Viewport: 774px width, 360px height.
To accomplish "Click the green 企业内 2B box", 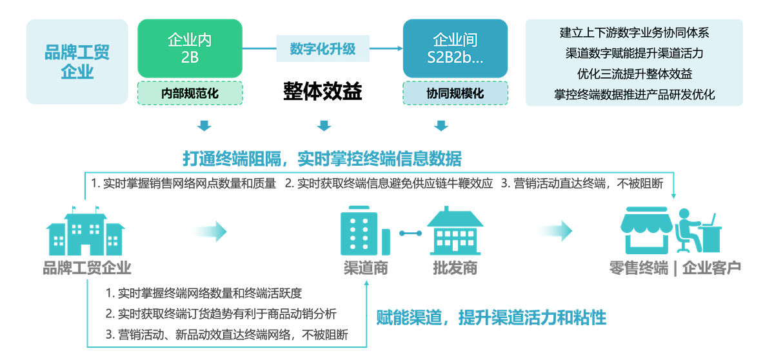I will [190, 48].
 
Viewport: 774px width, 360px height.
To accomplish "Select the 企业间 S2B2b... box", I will [455, 48].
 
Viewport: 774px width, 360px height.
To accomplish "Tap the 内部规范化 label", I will [190, 94].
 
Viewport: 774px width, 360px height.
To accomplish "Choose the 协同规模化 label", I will [455, 94].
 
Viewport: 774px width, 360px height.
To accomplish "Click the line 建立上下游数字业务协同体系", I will [634, 32].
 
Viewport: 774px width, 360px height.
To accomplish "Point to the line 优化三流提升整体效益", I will [634, 74].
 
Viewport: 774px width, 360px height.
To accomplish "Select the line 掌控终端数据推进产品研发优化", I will [634, 94].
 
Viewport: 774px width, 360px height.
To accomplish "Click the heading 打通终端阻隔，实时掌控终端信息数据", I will [321, 159].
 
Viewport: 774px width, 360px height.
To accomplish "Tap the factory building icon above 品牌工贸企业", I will [86, 232].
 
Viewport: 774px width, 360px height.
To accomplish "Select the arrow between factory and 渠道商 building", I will [207, 232].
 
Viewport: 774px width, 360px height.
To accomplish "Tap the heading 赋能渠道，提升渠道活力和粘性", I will [491, 317].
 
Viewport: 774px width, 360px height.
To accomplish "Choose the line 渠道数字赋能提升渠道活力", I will [634, 53].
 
